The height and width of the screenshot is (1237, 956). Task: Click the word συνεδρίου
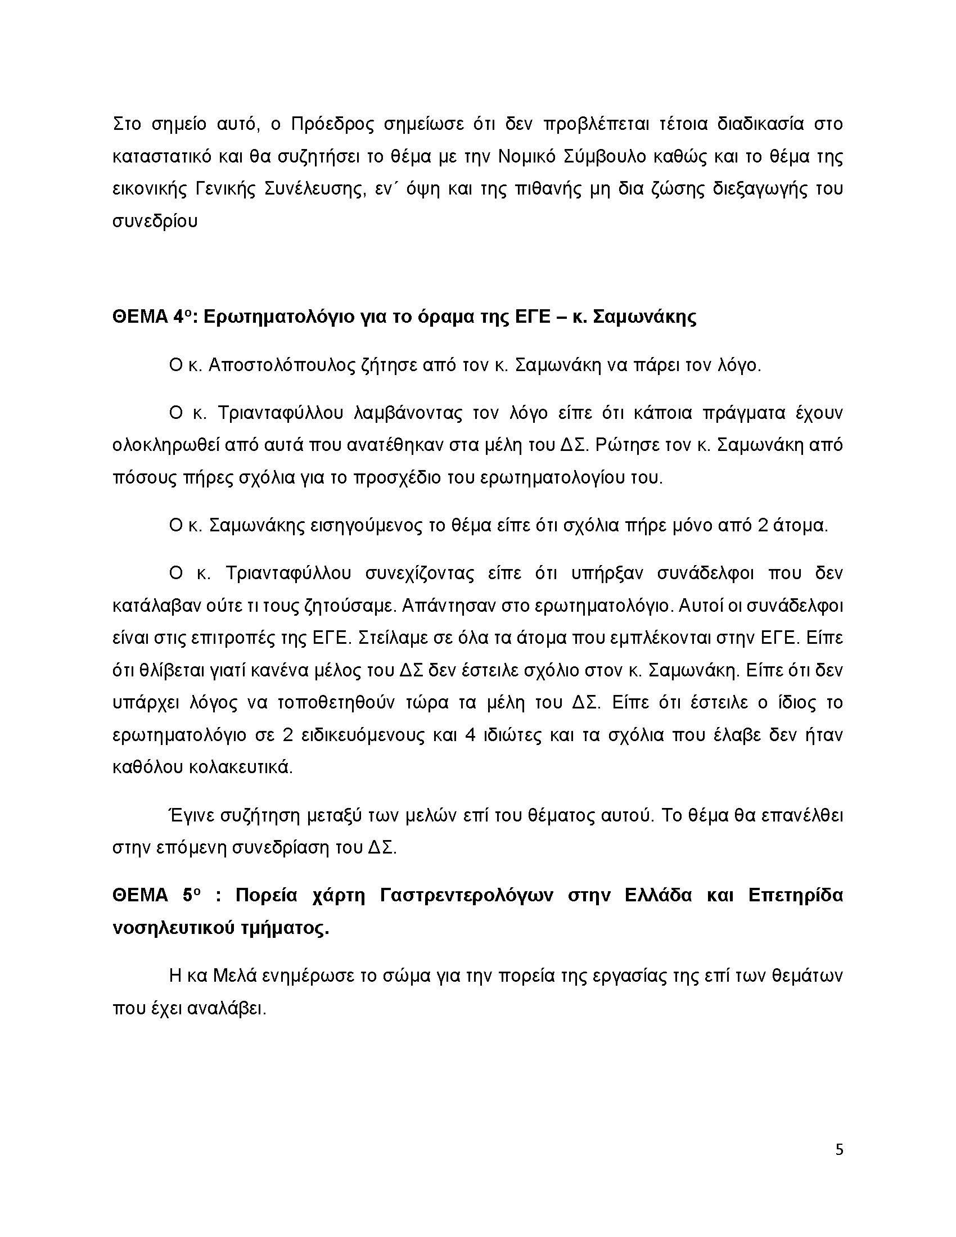point(155,220)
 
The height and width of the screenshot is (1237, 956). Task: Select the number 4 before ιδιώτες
point(468,735)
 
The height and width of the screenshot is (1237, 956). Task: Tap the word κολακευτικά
point(203,768)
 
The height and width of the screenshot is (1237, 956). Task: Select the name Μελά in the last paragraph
point(236,977)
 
